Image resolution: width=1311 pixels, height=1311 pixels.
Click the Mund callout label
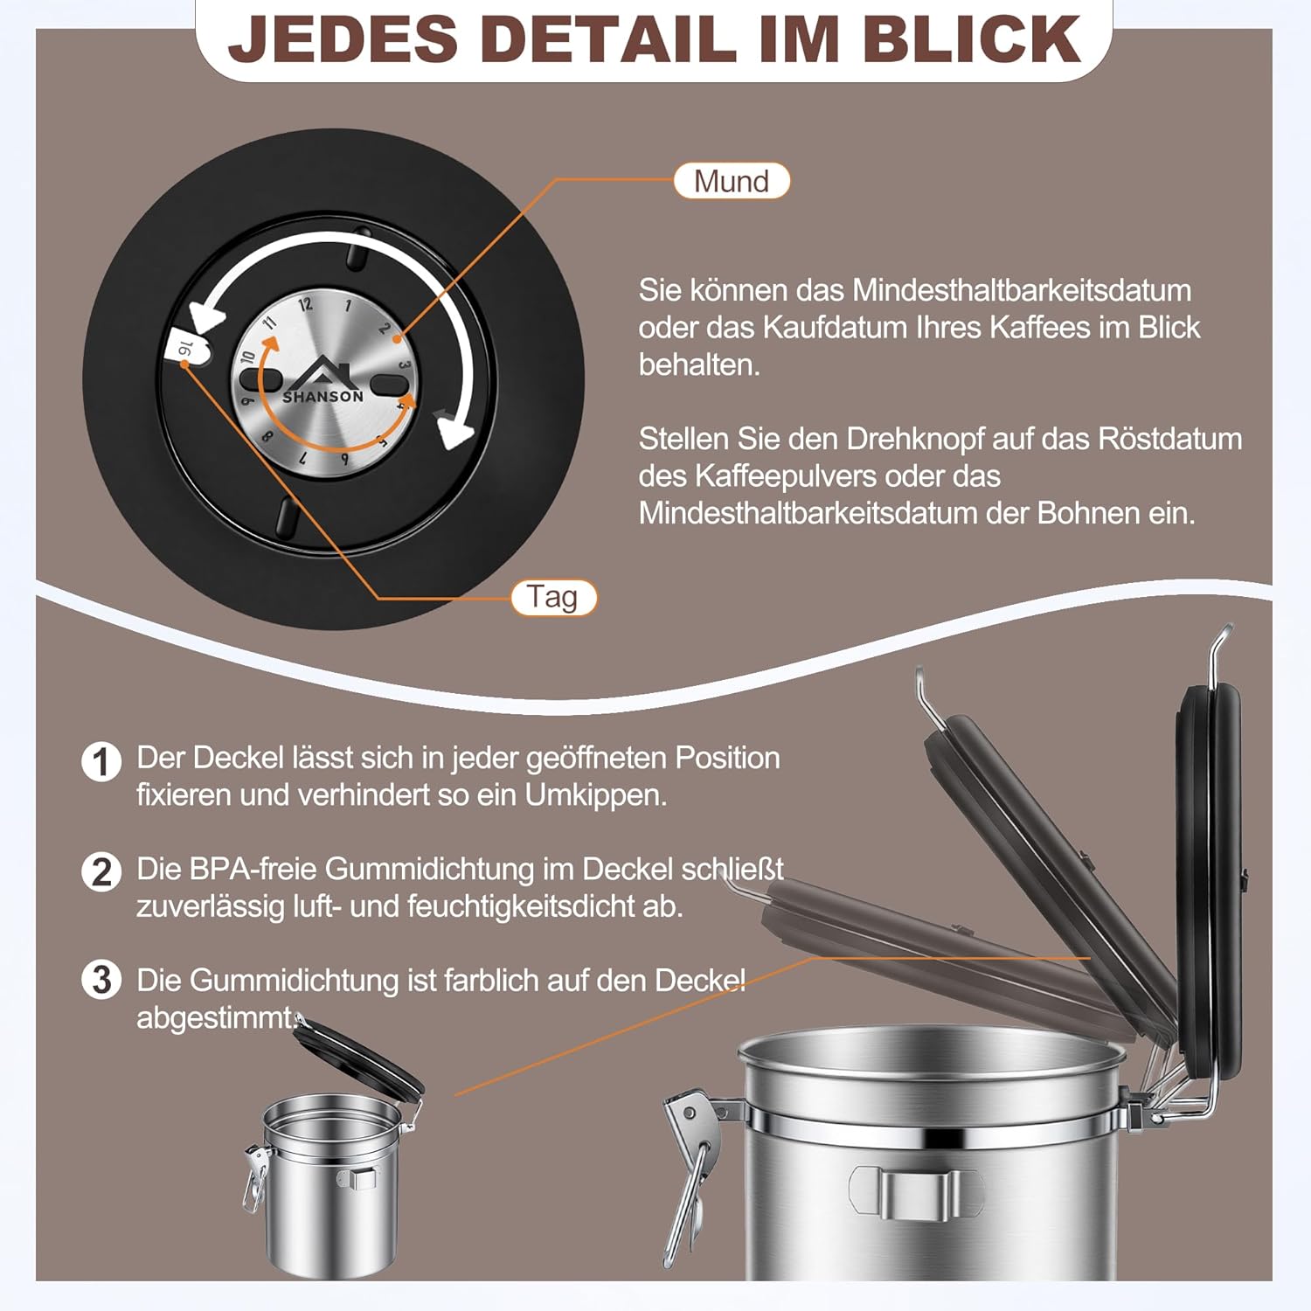(732, 181)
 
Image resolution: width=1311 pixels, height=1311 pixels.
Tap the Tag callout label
(553, 598)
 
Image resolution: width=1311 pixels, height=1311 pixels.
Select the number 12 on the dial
(305, 304)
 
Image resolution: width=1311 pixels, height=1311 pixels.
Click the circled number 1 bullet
(101, 761)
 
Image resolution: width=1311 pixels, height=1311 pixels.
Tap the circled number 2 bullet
(101, 872)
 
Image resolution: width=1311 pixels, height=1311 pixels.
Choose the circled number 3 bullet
(101, 980)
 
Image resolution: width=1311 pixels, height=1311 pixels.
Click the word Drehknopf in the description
(914, 439)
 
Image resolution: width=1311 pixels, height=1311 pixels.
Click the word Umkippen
(595, 795)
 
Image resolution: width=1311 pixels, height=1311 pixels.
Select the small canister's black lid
(358, 1057)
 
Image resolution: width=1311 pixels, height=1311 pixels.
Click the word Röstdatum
(1169, 439)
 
